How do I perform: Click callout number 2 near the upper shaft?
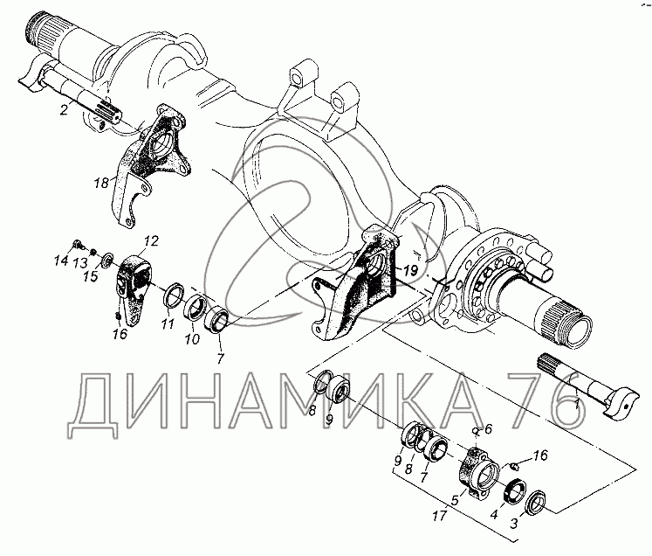coord(64,110)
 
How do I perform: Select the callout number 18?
coord(101,183)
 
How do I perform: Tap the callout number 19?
coord(409,271)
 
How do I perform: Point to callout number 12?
coord(152,241)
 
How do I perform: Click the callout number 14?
coord(61,261)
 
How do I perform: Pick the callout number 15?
coord(91,276)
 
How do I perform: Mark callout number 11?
coord(168,323)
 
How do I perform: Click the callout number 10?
coord(192,339)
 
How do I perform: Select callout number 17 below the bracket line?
coord(439,516)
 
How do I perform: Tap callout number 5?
coord(455,500)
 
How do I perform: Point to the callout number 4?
coord(493,515)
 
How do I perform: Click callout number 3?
coord(514,524)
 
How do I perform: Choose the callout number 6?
coord(489,428)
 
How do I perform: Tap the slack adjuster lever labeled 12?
coord(132,288)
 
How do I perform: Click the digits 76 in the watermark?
coord(546,400)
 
